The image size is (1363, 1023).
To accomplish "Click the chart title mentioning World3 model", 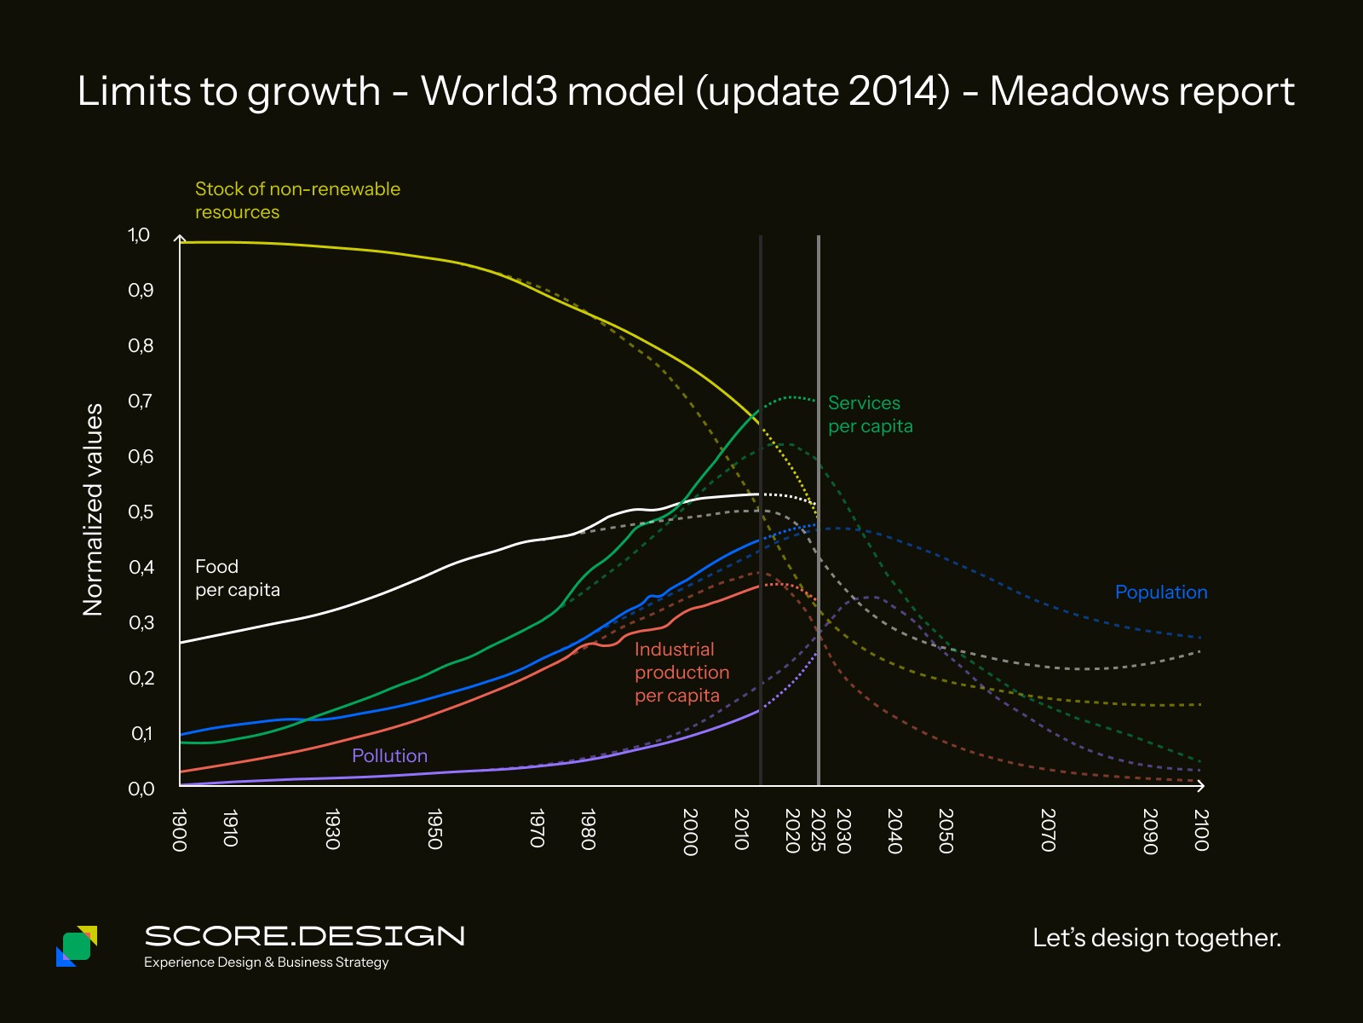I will pos(686,91).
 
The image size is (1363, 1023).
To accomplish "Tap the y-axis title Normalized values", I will pos(93,509).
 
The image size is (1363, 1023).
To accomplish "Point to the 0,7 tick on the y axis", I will pos(141,401).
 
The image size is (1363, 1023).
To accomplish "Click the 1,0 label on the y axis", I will pos(139,235).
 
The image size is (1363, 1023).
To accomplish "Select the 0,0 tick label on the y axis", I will pos(141,789).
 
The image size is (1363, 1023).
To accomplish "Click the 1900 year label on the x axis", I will pos(179,829).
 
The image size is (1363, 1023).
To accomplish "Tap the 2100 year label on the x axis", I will pos(1201,829).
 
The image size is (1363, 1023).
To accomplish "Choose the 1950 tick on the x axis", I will pos(434,829).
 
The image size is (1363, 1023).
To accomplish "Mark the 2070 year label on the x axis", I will pos(1048,829).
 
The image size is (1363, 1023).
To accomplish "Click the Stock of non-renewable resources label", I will pos(297,200).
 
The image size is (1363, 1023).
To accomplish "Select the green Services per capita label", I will pos(870,414).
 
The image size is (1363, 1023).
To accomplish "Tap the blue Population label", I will pos(1161,592).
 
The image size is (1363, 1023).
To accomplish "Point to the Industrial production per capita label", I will pos(681,673).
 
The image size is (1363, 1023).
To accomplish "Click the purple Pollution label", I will pos(389,755).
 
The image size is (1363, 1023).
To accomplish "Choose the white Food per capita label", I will pos(237,578).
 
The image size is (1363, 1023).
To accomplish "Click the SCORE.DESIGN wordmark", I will pos(304,936).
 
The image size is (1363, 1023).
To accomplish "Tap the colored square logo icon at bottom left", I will pos(77,945).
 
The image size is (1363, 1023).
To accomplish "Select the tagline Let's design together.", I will pos(1156,938).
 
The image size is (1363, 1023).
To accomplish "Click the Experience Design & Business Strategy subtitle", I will pos(266,962).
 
